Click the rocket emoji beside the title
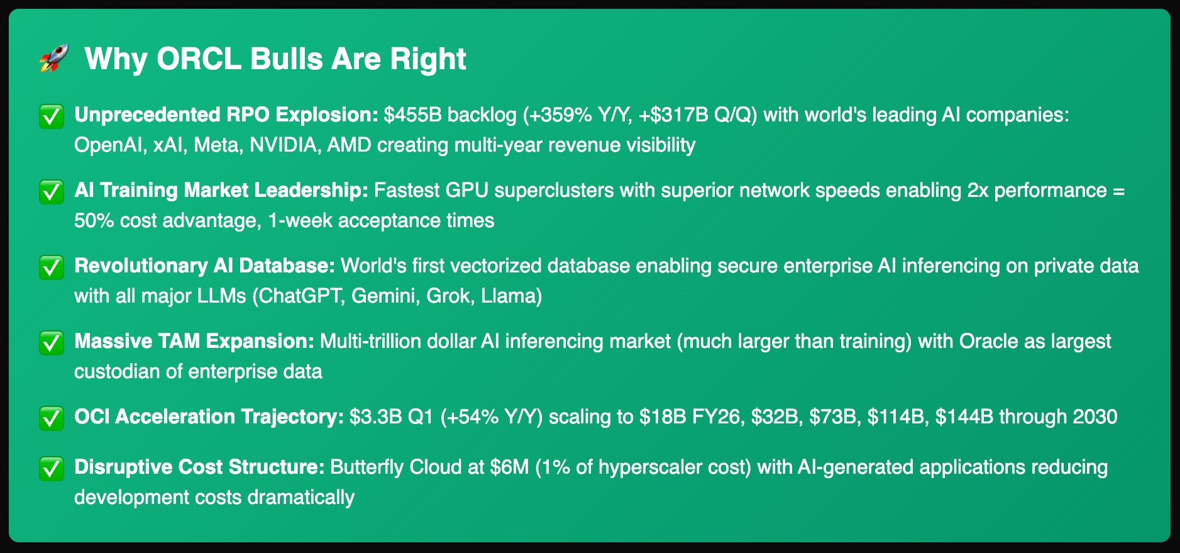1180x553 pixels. [x=54, y=59]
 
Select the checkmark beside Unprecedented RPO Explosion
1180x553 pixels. [x=52, y=116]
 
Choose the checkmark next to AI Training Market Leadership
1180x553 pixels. [x=52, y=192]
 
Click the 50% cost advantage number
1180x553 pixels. [x=95, y=221]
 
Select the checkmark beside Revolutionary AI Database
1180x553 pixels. [x=52, y=267]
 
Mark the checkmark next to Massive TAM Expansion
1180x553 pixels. [x=52, y=343]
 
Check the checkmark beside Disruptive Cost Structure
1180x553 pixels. [x=52, y=469]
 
